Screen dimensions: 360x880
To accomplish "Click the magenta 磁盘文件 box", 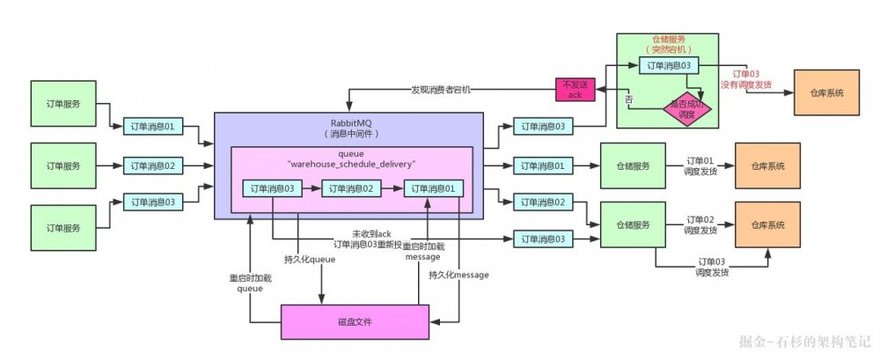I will [355, 322].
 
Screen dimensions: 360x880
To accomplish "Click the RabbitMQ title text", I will [349, 123].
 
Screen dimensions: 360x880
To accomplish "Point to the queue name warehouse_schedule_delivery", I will [349, 163].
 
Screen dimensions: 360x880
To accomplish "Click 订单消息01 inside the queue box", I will [433, 188].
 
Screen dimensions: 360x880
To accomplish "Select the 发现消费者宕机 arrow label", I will [441, 90].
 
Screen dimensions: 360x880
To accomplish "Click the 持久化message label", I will [458, 275].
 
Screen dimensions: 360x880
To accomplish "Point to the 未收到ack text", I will [370, 233].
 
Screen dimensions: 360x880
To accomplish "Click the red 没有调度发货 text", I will [746, 84].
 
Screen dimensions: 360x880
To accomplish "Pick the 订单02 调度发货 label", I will [701, 224].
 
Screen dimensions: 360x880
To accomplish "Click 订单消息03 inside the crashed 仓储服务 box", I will [673, 66].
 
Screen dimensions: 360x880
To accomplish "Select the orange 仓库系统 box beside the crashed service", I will [826, 92].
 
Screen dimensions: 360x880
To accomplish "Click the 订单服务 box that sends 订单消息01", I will [62, 103].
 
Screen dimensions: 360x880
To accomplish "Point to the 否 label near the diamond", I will [628, 101].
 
